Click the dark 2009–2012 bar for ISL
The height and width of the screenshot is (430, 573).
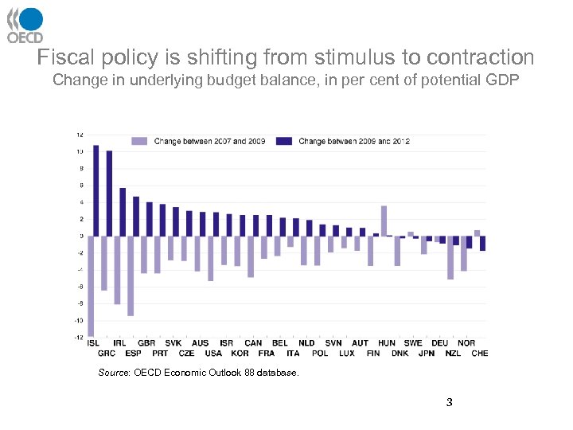click(96, 190)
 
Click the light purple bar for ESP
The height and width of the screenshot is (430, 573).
click(131, 276)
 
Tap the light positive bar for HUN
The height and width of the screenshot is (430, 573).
click(384, 221)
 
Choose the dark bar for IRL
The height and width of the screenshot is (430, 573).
click(123, 212)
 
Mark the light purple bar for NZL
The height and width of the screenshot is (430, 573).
click(450, 257)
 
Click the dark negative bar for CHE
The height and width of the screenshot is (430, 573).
click(482, 243)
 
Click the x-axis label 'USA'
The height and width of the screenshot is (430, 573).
click(213, 353)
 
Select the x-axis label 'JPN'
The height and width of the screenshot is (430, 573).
click(427, 353)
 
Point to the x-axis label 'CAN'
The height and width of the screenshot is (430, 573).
click(253, 343)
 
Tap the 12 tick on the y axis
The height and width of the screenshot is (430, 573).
click(80, 134)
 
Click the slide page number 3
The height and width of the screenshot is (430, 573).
click(450, 402)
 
